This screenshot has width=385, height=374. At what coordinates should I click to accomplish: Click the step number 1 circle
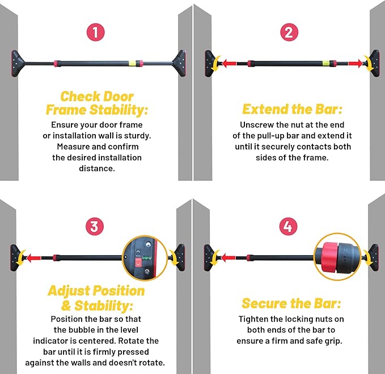click(95, 32)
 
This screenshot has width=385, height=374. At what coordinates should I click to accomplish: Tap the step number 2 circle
click(289, 32)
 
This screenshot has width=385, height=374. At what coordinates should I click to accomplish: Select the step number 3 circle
click(95, 226)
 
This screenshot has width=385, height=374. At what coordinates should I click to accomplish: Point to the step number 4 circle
click(288, 226)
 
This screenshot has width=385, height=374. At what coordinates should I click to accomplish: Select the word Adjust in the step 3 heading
click(69, 292)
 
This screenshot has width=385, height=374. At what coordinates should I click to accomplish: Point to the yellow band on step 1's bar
click(132, 63)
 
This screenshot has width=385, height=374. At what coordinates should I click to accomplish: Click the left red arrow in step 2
click(230, 64)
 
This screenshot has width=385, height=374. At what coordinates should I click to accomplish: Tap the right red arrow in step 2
click(355, 64)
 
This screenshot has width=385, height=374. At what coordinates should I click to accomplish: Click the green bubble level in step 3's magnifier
click(146, 257)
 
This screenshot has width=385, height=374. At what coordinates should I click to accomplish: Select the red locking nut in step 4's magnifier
click(330, 257)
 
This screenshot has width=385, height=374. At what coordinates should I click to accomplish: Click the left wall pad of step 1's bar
click(17, 64)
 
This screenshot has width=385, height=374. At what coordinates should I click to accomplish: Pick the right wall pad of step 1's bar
click(180, 64)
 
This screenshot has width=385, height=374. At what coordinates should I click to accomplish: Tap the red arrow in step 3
click(33, 258)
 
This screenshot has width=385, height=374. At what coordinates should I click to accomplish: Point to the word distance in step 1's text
click(97, 169)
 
